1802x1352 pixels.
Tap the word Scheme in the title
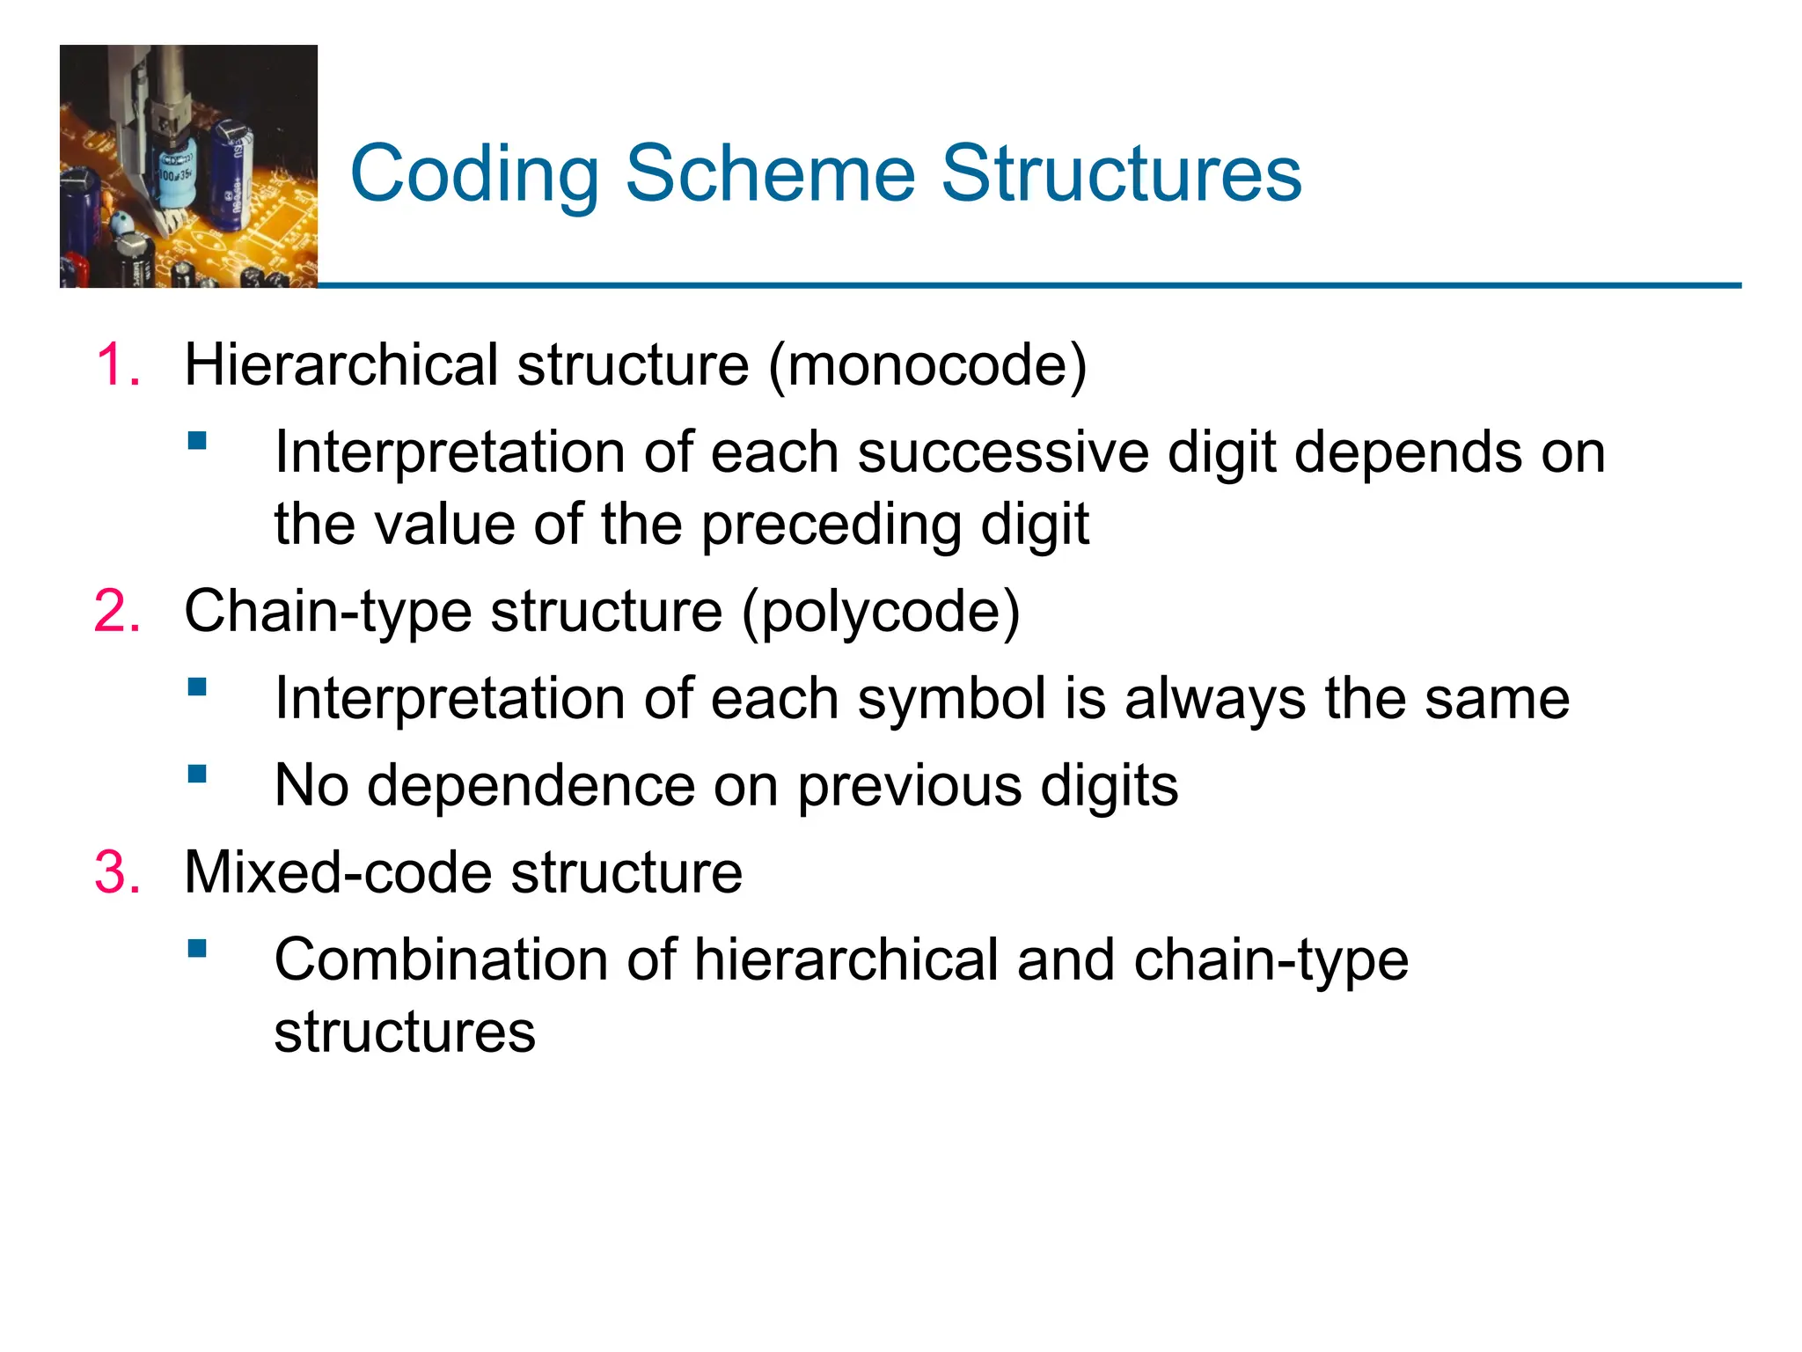click(770, 173)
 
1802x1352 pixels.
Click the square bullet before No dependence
click(197, 774)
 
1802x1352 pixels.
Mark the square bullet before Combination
click(197, 948)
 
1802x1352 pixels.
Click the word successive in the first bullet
click(1002, 452)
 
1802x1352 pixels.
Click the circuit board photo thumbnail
click(188, 166)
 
